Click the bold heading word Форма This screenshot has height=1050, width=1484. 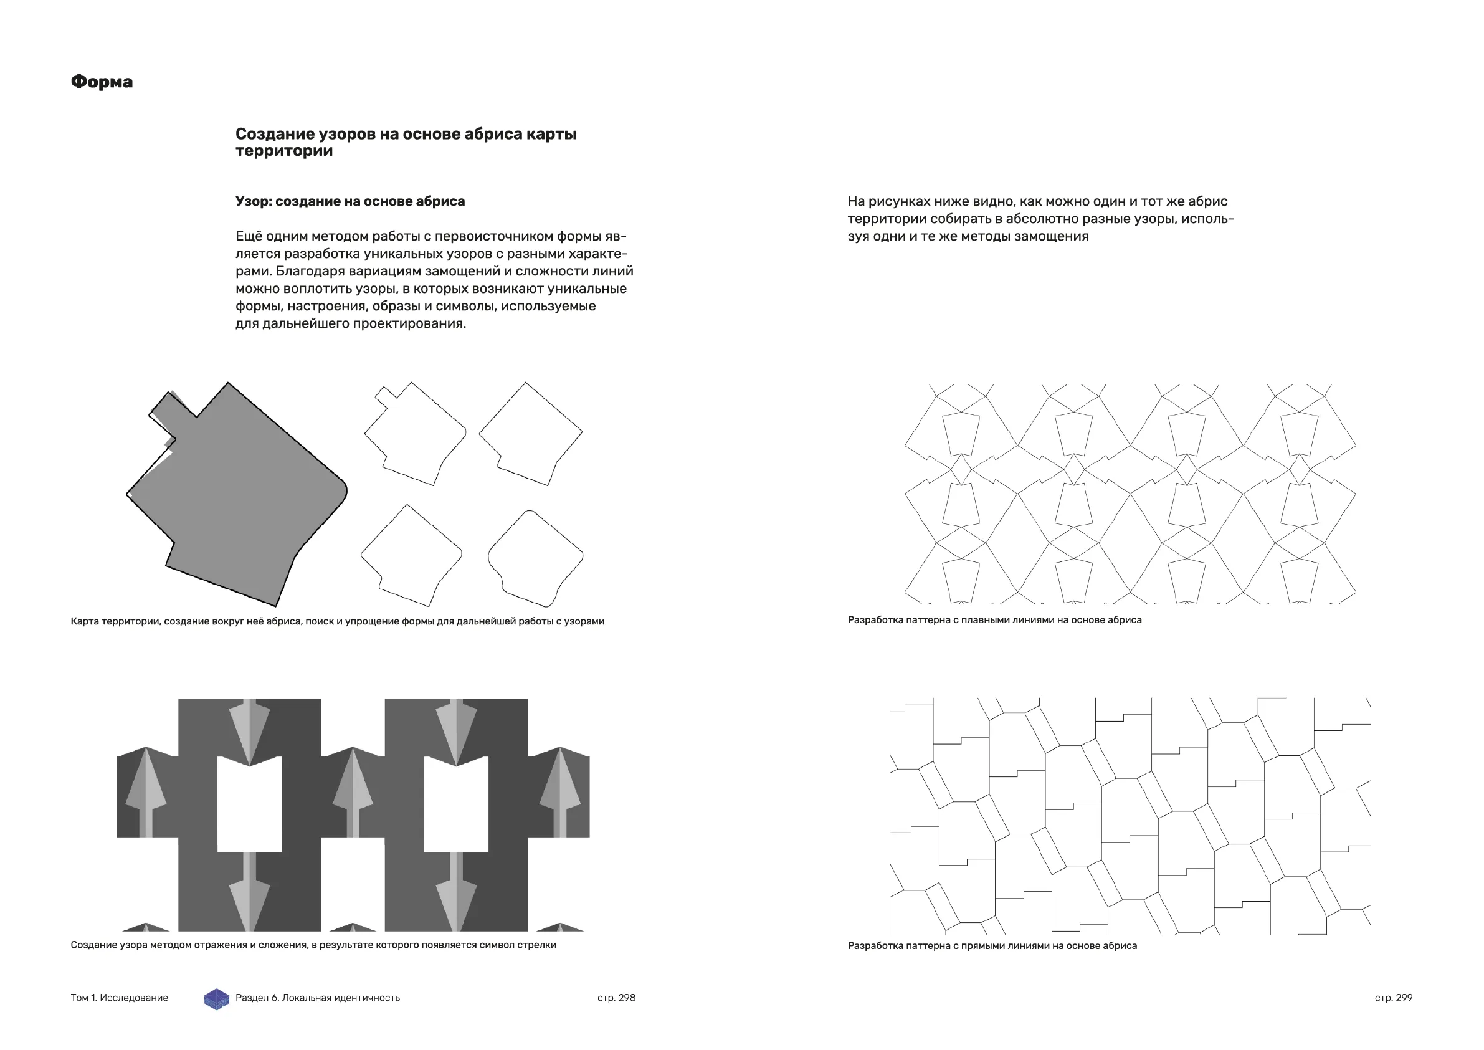pos(102,82)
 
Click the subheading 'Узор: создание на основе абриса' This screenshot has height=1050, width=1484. pos(350,201)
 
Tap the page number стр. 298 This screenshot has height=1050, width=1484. pos(616,998)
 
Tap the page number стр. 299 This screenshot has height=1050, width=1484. pos(1394,998)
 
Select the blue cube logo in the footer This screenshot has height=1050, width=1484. pos(217,999)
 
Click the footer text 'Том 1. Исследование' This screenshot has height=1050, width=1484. pos(119,998)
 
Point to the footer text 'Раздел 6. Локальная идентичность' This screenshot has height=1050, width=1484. pos(317,998)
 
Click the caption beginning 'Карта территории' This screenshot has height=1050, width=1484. pos(338,621)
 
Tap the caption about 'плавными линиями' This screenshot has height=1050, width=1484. pos(994,620)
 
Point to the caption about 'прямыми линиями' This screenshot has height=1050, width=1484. pos(991,946)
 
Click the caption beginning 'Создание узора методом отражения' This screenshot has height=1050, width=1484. pos(313,945)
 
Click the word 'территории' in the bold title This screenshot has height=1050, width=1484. pos(283,151)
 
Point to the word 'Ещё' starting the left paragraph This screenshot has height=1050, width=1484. pos(248,236)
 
